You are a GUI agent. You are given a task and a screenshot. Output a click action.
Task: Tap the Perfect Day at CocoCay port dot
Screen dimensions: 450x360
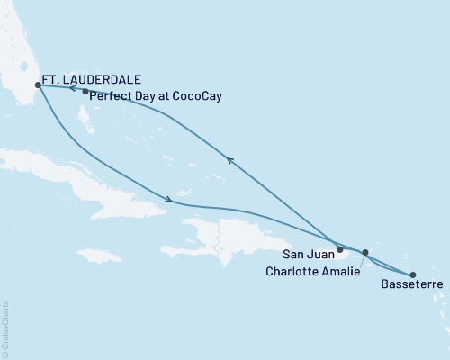(x=85, y=92)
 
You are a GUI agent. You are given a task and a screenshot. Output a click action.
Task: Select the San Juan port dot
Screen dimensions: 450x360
(x=339, y=249)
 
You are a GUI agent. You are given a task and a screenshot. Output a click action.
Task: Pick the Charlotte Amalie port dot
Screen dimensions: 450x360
(x=364, y=253)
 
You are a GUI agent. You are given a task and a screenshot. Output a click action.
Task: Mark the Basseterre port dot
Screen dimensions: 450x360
(x=413, y=274)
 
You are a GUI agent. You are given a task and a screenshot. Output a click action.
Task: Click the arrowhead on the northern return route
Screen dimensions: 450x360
(x=230, y=160)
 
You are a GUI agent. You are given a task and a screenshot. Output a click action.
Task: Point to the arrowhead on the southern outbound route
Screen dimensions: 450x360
(x=167, y=199)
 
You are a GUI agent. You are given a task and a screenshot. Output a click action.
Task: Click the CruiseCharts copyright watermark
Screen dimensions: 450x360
(x=5, y=329)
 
